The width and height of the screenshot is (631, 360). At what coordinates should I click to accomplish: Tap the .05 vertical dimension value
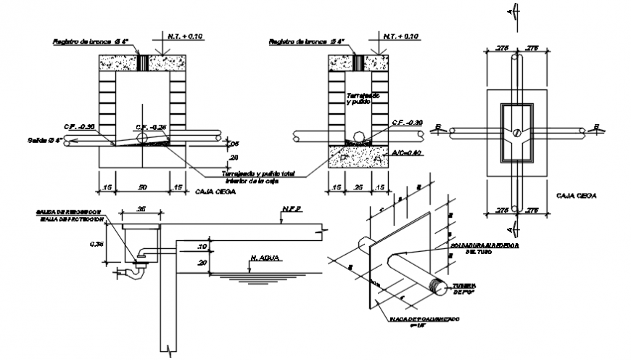234,143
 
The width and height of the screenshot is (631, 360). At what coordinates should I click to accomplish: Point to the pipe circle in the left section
142,136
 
